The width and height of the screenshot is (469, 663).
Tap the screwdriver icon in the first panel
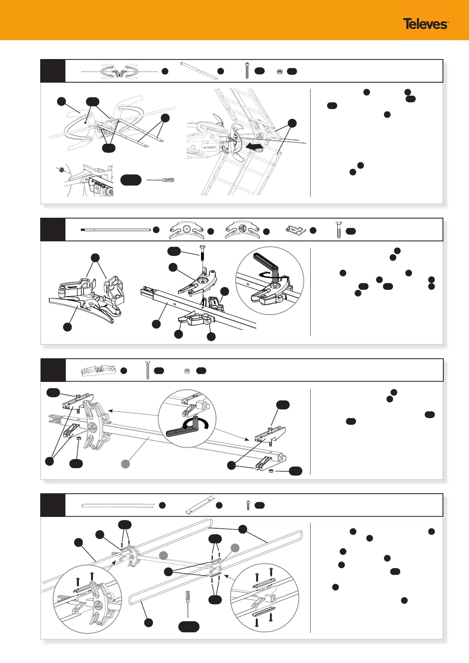click(x=160, y=180)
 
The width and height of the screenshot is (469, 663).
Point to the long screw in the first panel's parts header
click(x=247, y=71)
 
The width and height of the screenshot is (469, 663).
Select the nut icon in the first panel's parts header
click(x=279, y=71)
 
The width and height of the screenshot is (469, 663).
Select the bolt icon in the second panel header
click(x=338, y=230)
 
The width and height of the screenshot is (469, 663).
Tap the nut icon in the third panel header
click(x=188, y=370)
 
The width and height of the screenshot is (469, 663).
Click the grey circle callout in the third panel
click(x=125, y=464)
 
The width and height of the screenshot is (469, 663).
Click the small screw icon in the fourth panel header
click(x=248, y=505)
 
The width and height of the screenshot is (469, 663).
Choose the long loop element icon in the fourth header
click(x=117, y=505)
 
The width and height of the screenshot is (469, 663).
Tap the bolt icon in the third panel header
click(x=147, y=370)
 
